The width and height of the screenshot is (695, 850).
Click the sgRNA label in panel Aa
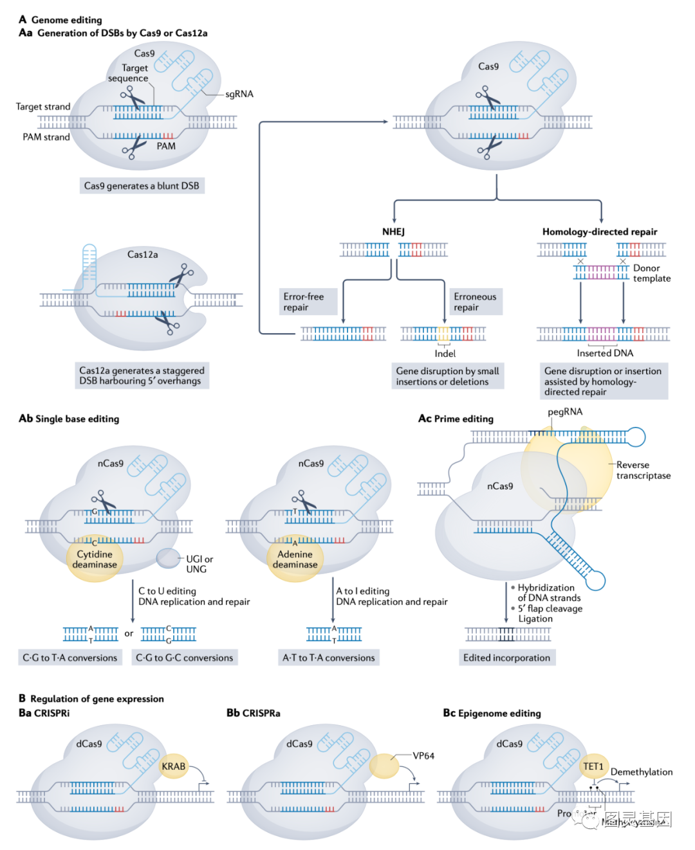(239, 94)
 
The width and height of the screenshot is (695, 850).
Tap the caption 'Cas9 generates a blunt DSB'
(142, 186)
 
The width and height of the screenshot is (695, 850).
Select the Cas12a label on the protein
(142, 255)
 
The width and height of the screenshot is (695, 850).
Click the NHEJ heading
(393, 231)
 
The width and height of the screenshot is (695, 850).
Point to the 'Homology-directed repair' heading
(599, 231)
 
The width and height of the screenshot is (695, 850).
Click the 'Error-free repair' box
(308, 302)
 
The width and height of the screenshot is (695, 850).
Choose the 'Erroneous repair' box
(475, 302)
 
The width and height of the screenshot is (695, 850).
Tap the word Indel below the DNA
(445, 354)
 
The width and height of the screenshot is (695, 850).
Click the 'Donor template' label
(651, 273)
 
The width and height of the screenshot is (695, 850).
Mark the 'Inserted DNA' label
(605, 353)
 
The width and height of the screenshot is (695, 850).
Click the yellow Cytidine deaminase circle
(95, 559)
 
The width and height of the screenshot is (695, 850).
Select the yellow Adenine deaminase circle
(295, 559)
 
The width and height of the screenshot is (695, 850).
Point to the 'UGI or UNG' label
(199, 564)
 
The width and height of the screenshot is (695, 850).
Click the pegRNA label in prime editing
(564, 411)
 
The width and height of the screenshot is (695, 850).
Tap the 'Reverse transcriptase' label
(643, 470)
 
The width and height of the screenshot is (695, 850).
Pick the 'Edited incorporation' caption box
(506, 658)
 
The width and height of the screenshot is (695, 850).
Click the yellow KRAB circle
(173, 766)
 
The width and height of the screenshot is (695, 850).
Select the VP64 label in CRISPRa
(423, 755)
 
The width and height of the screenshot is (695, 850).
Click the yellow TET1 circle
(593, 766)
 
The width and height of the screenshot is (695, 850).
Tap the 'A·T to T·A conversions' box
(328, 658)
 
